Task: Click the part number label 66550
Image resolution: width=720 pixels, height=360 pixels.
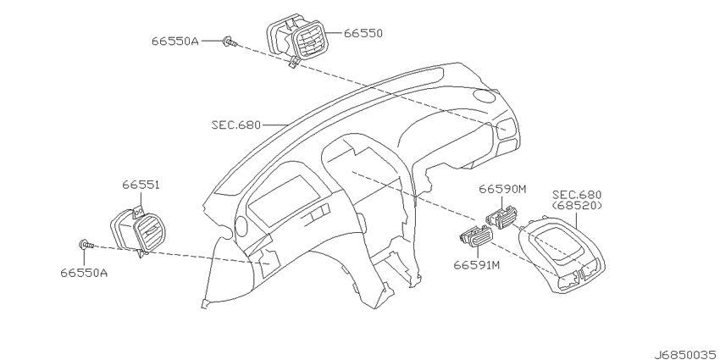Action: pyautogui.click(x=363, y=33)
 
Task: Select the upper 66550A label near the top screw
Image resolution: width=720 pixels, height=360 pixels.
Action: pyautogui.click(x=175, y=42)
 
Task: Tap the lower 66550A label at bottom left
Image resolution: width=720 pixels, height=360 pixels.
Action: pyautogui.click(x=84, y=273)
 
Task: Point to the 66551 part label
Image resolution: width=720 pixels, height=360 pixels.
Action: pyautogui.click(x=141, y=185)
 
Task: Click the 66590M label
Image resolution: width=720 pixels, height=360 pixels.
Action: pyautogui.click(x=502, y=189)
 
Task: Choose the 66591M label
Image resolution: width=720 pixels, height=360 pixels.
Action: pyautogui.click(x=477, y=265)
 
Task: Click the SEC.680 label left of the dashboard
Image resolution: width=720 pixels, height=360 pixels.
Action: pyautogui.click(x=236, y=125)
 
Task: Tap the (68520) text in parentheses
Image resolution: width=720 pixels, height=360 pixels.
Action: pyautogui.click(x=577, y=205)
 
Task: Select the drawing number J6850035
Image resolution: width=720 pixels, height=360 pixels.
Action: pyautogui.click(x=686, y=354)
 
